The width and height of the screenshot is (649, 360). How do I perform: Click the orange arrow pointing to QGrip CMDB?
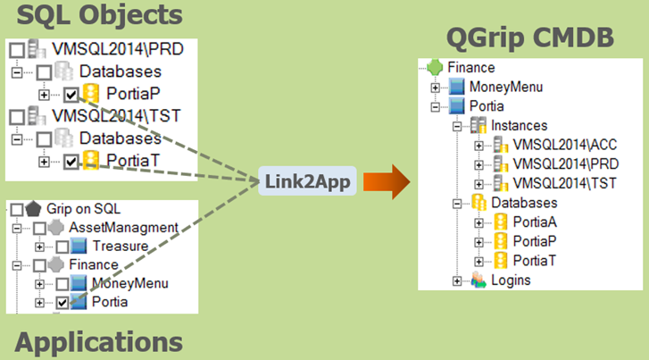pyautogui.click(x=387, y=181)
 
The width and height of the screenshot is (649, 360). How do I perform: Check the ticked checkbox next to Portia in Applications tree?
pyautogui.click(x=62, y=303)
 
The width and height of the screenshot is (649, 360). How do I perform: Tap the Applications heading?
pyautogui.click(x=99, y=341)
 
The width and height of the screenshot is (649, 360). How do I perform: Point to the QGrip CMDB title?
pyautogui.click(x=528, y=38)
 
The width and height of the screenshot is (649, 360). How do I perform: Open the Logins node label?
pyautogui.click(x=511, y=280)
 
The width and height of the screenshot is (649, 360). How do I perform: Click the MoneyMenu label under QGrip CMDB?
pyautogui.click(x=505, y=87)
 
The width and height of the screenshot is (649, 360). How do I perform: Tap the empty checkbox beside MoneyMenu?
pyautogui.click(x=62, y=283)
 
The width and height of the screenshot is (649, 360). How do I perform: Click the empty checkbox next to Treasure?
pyautogui.click(x=62, y=246)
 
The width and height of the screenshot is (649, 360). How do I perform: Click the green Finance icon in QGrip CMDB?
pyautogui.click(x=435, y=67)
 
